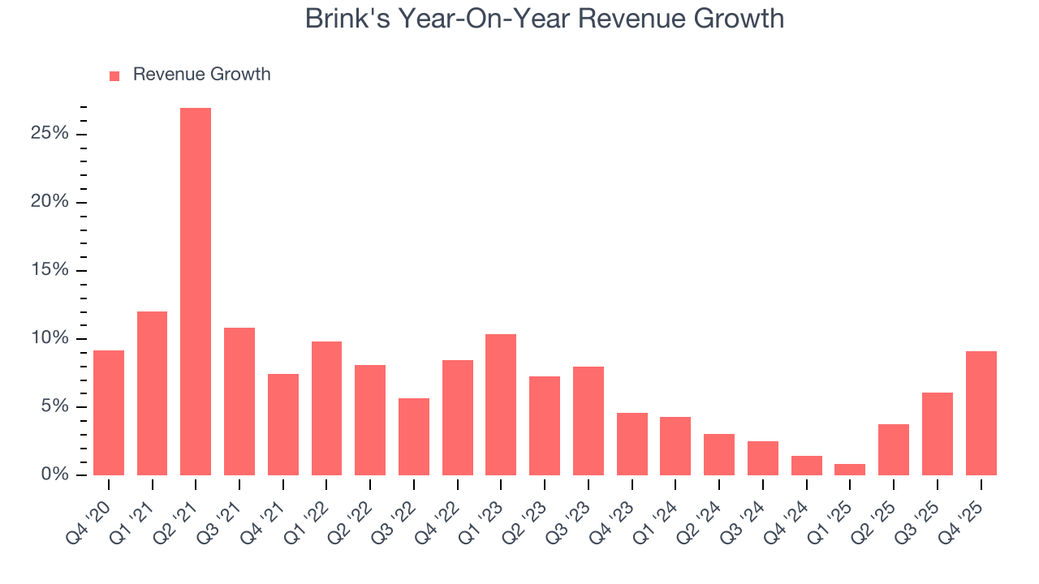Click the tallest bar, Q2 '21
tap(196, 291)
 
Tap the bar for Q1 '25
tap(850, 470)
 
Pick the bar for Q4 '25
tap(981, 413)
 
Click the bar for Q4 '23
tap(632, 444)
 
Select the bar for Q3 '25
tap(937, 434)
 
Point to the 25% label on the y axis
tap(50, 134)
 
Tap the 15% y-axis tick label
tap(50, 270)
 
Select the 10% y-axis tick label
tap(50, 338)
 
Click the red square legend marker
tap(114, 75)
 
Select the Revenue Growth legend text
tap(201, 75)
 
